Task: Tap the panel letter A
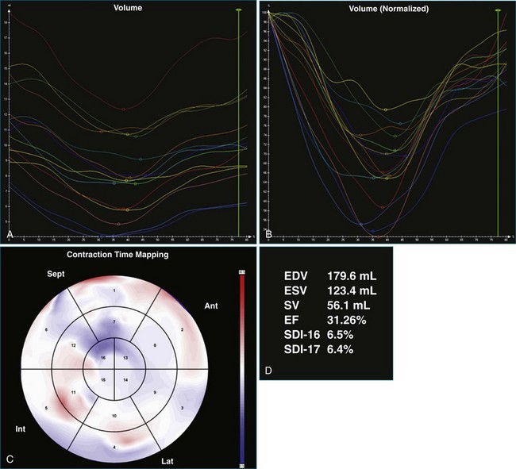[9, 235]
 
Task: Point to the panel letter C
[9, 458]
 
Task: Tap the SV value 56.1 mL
[345, 306]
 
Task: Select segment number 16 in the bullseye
[102, 359]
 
